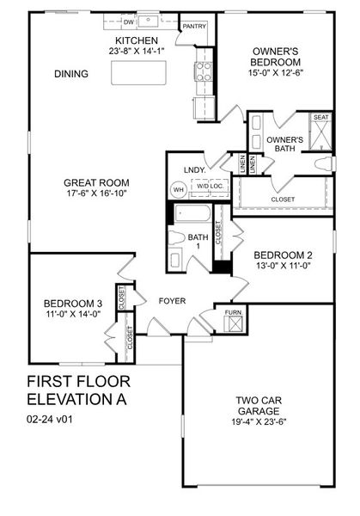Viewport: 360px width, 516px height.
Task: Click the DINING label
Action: (70, 74)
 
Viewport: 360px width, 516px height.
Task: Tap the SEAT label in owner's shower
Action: (320, 117)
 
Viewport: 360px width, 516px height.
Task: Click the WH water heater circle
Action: (179, 189)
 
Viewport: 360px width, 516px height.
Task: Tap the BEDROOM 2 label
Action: (281, 255)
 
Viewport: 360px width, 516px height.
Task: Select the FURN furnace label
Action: (233, 311)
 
